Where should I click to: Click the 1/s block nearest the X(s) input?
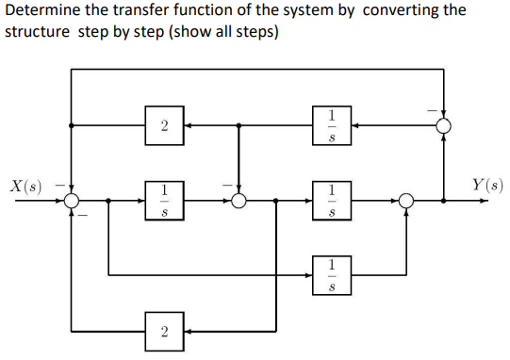[x=165, y=200]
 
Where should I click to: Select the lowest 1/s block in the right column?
[x=331, y=274]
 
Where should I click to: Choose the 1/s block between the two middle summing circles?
[x=331, y=200]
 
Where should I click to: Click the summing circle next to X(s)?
[x=72, y=200]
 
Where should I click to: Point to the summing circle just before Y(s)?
[x=405, y=200]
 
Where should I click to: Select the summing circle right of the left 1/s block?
[x=239, y=200]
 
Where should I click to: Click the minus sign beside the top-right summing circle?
[x=433, y=109]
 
